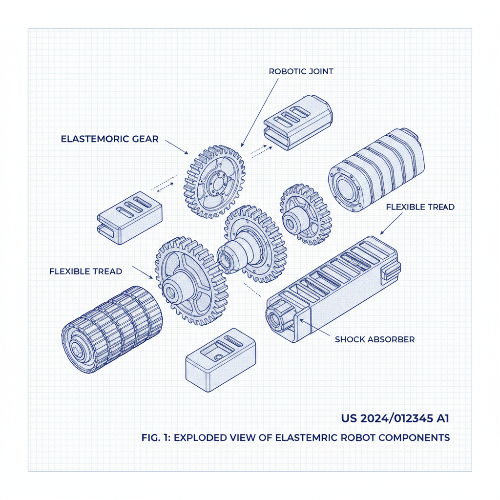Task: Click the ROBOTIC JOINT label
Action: click(x=301, y=71)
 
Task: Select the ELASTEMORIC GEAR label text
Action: click(x=109, y=139)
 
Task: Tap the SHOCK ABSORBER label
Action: click(x=375, y=339)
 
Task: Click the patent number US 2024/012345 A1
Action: click(x=395, y=418)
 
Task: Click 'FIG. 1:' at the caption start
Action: click(x=152, y=437)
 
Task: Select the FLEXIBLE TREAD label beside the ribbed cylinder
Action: click(x=420, y=207)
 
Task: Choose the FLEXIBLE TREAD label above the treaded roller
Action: click(x=85, y=271)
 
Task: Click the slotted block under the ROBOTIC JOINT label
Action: click(x=297, y=122)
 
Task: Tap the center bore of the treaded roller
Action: click(x=79, y=350)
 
